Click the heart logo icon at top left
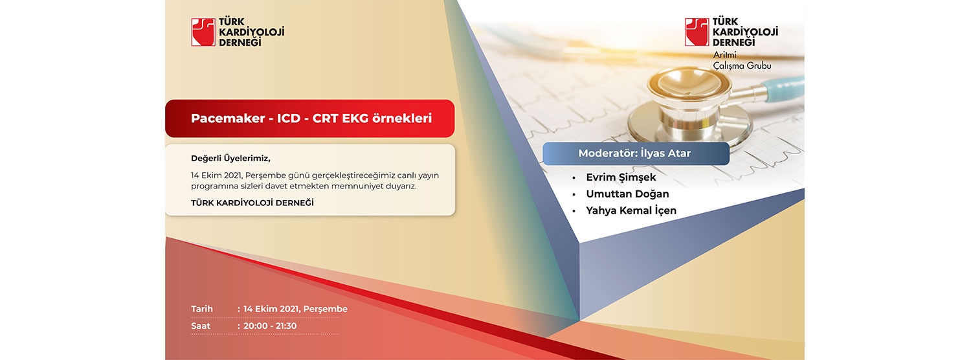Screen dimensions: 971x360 [203, 32]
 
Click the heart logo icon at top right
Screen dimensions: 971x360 [697, 32]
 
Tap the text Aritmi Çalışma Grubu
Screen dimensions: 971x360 [742, 60]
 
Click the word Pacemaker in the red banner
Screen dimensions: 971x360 [228, 118]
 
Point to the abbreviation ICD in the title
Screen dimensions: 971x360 [289, 118]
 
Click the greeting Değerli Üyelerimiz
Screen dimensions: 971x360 [230, 159]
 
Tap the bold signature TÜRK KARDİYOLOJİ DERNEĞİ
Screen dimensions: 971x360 [252, 203]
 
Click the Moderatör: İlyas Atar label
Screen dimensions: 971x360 [634, 153]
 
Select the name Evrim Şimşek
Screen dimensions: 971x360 [621, 177]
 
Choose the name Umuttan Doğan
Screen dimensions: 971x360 [627, 194]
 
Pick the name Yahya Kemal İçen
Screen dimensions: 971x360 [631, 210]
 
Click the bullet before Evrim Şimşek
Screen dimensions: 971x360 [574, 178]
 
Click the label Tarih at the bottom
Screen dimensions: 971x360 [202, 309]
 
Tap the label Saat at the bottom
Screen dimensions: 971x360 [200, 326]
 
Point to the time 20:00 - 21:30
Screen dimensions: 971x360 [270, 326]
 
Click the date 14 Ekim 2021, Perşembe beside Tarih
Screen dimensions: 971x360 [295, 309]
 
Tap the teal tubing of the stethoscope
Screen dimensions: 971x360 [784, 88]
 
